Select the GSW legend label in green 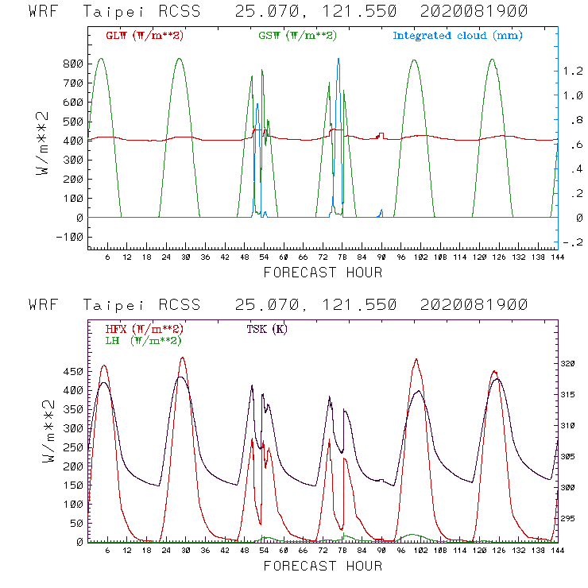pyautogui.click(x=296, y=36)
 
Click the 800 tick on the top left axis pyautogui.click(x=74, y=64)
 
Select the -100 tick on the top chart pyautogui.click(x=72, y=237)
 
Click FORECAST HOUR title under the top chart pyautogui.click(x=323, y=273)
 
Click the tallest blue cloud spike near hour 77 pyautogui.click(x=338, y=60)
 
